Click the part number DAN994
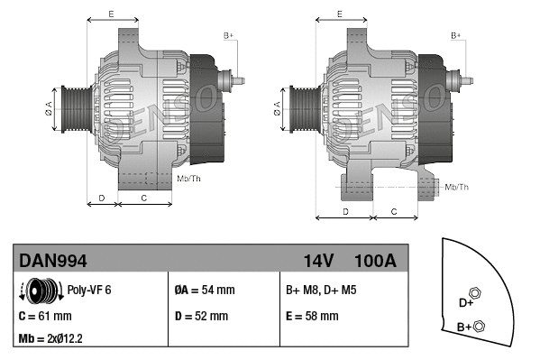click(53, 261)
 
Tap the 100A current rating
click(375, 261)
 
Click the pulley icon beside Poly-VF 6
click(38, 291)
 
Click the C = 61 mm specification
click(45, 317)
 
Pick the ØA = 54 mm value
click(204, 291)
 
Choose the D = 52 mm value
click(201, 317)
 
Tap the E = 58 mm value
click(312, 317)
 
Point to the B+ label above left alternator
click(228, 34)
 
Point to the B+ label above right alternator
click(456, 34)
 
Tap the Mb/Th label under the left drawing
click(189, 179)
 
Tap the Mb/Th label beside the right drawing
click(457, 187)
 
